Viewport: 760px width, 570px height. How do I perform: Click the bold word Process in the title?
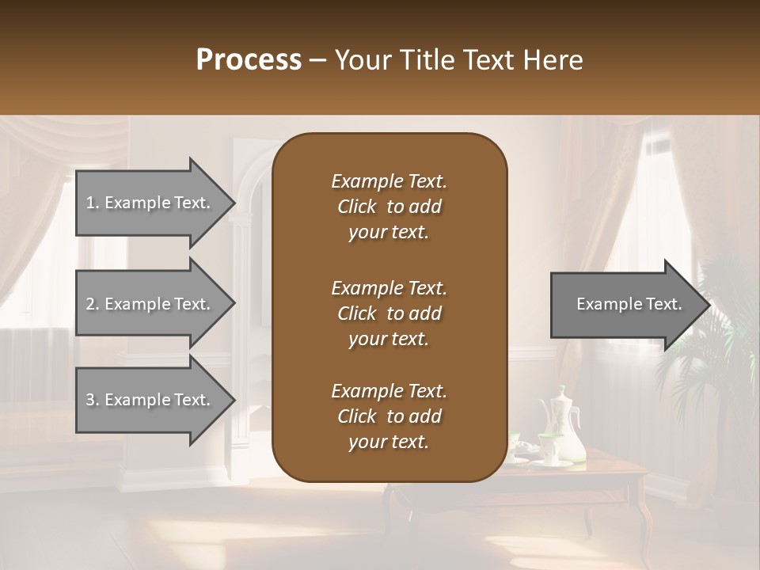click(x=249, y=59)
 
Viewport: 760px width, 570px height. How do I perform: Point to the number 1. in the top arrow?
click(x=93, y=203)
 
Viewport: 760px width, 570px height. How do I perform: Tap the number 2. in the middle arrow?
click(x=93, y=304)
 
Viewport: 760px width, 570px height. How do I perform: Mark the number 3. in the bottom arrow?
click(x=93, y=400)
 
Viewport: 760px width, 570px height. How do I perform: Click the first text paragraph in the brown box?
click(x=389, y=207)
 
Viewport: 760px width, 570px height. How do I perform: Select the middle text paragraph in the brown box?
click(x=389, y=313)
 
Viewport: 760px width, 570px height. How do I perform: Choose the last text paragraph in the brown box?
click(x=389, y=416)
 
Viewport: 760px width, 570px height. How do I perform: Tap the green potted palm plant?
click(x=712, y=332)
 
